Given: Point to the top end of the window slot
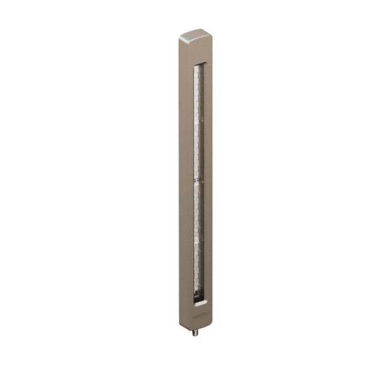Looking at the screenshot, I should click(200, 63).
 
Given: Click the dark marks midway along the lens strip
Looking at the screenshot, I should click(196, 178).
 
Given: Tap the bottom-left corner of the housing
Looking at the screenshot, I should click(181, 324).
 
